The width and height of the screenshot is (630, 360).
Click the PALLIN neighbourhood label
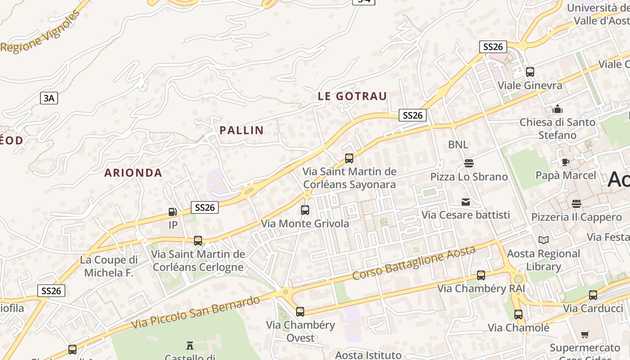point(241,130)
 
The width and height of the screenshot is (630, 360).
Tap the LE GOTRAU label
point(352,96)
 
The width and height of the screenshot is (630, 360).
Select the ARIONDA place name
point(133,173)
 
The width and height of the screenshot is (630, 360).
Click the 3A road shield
point(49,98)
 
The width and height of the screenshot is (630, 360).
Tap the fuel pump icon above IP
point(173,212)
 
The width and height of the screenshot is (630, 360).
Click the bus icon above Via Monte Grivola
point(305,210)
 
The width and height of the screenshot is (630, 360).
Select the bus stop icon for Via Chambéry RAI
point(481,275)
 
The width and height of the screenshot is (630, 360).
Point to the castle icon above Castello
point(190,346)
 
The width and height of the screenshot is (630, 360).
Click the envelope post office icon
point(466,202)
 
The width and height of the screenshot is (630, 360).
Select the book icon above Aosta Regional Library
point(544,240)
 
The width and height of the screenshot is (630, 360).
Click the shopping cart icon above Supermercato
point(585,334)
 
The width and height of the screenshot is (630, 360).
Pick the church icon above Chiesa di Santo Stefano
point(558,109)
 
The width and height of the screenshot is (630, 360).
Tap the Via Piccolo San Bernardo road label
point(196,312)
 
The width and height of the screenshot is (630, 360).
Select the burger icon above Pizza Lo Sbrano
point(469,163)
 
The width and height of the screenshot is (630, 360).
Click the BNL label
point(458,145)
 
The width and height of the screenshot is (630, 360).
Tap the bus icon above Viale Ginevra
point(530,72)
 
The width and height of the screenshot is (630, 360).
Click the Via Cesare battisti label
point(466,215)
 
